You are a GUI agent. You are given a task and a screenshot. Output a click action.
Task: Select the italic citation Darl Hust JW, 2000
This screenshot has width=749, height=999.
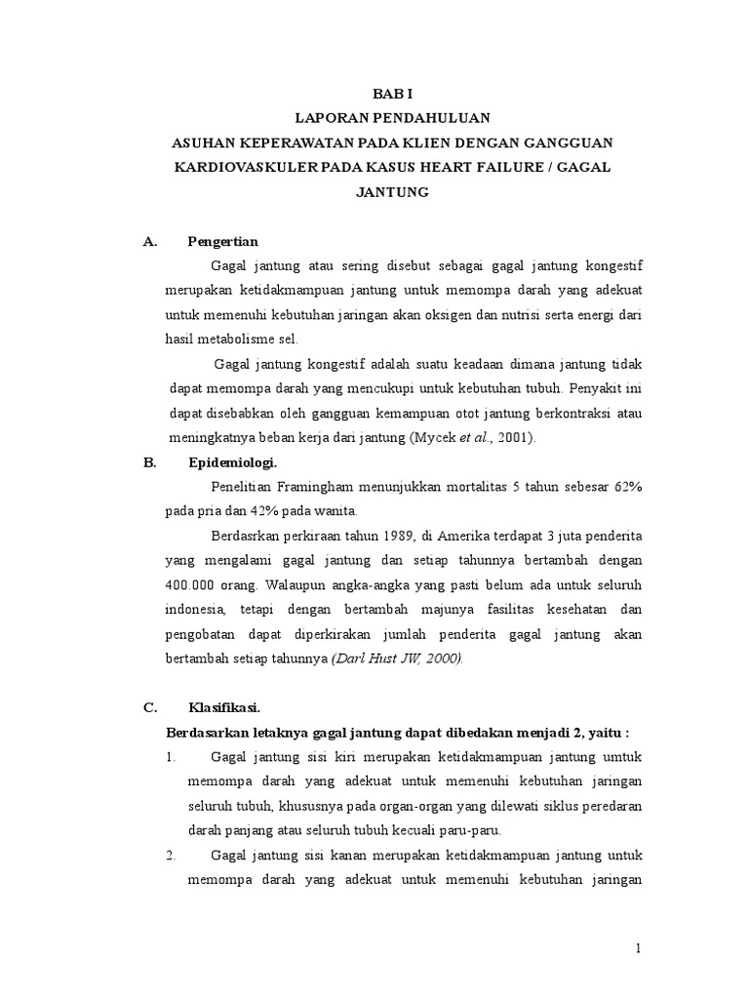tap(398, 658)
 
